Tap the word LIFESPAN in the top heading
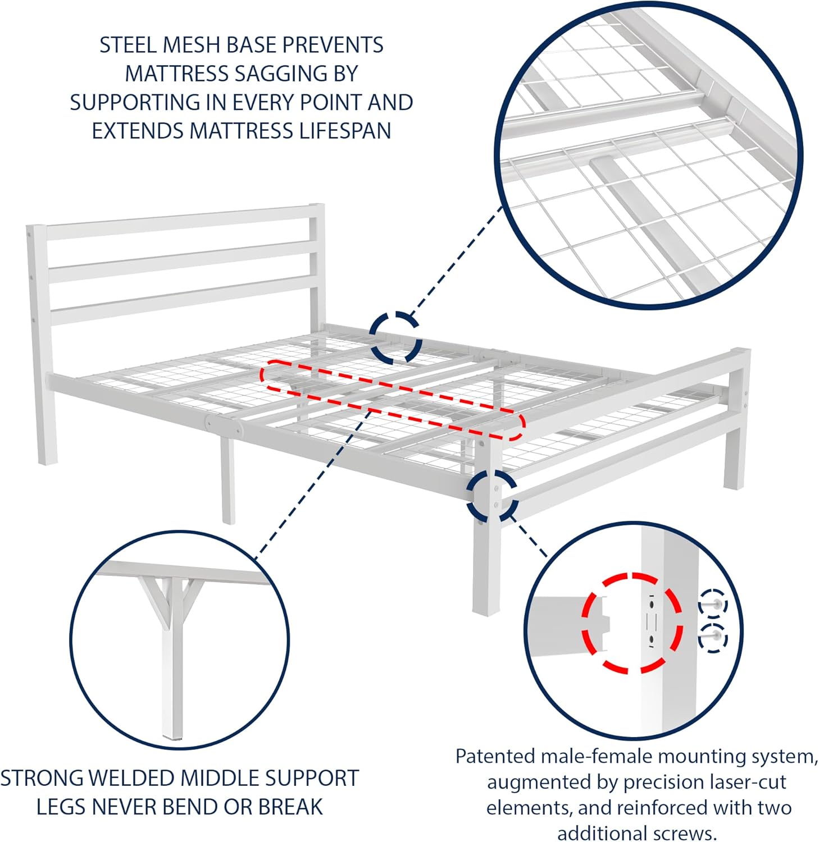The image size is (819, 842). tap(345, 131)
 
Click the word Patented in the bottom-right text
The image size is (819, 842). tap(495, 757)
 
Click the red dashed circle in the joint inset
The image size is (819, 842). tap(633, 623)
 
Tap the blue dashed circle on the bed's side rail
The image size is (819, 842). tap(396, 337)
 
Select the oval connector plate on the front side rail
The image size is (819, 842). tap(224, 425)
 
